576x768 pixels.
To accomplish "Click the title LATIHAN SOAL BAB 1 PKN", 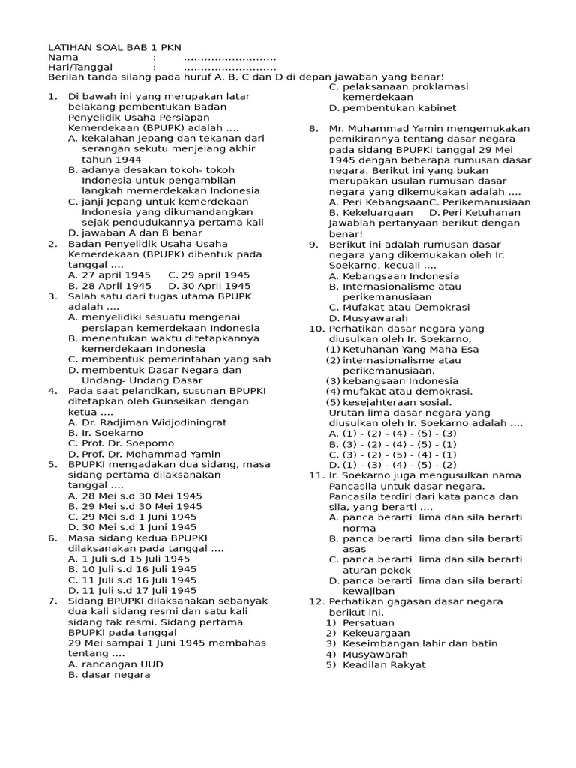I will click(x=114, y=47).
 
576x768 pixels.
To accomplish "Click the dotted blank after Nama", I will click(x=229, y=58).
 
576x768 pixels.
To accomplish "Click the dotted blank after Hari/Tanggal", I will click(x=229, y=67).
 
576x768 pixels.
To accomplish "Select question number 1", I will click(x=52, y=97).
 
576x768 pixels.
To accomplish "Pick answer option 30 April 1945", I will click(x=209, y=286).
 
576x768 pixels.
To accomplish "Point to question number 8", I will click(x=313, y=129).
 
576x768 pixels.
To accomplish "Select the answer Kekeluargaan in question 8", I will click(x=371, y=213).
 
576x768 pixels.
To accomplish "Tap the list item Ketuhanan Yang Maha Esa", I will click(x=409, y=349).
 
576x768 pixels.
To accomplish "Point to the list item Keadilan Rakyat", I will click(x=384, y=664).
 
